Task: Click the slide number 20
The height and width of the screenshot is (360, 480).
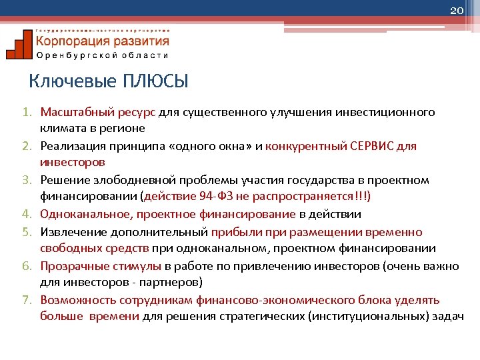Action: click(x=457, y=11)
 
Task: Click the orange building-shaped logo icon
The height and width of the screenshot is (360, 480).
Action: click(x=18, y=45)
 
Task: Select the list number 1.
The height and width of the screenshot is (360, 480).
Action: click(x=31, y=112)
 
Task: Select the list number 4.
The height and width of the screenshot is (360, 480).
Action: click(x=31, y=214)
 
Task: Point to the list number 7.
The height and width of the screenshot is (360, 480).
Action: click(x=31, y=300)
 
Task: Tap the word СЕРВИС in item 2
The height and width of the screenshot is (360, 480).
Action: click(x=376, y=146)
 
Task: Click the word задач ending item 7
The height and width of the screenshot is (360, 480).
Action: click(x=448, y=317)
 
